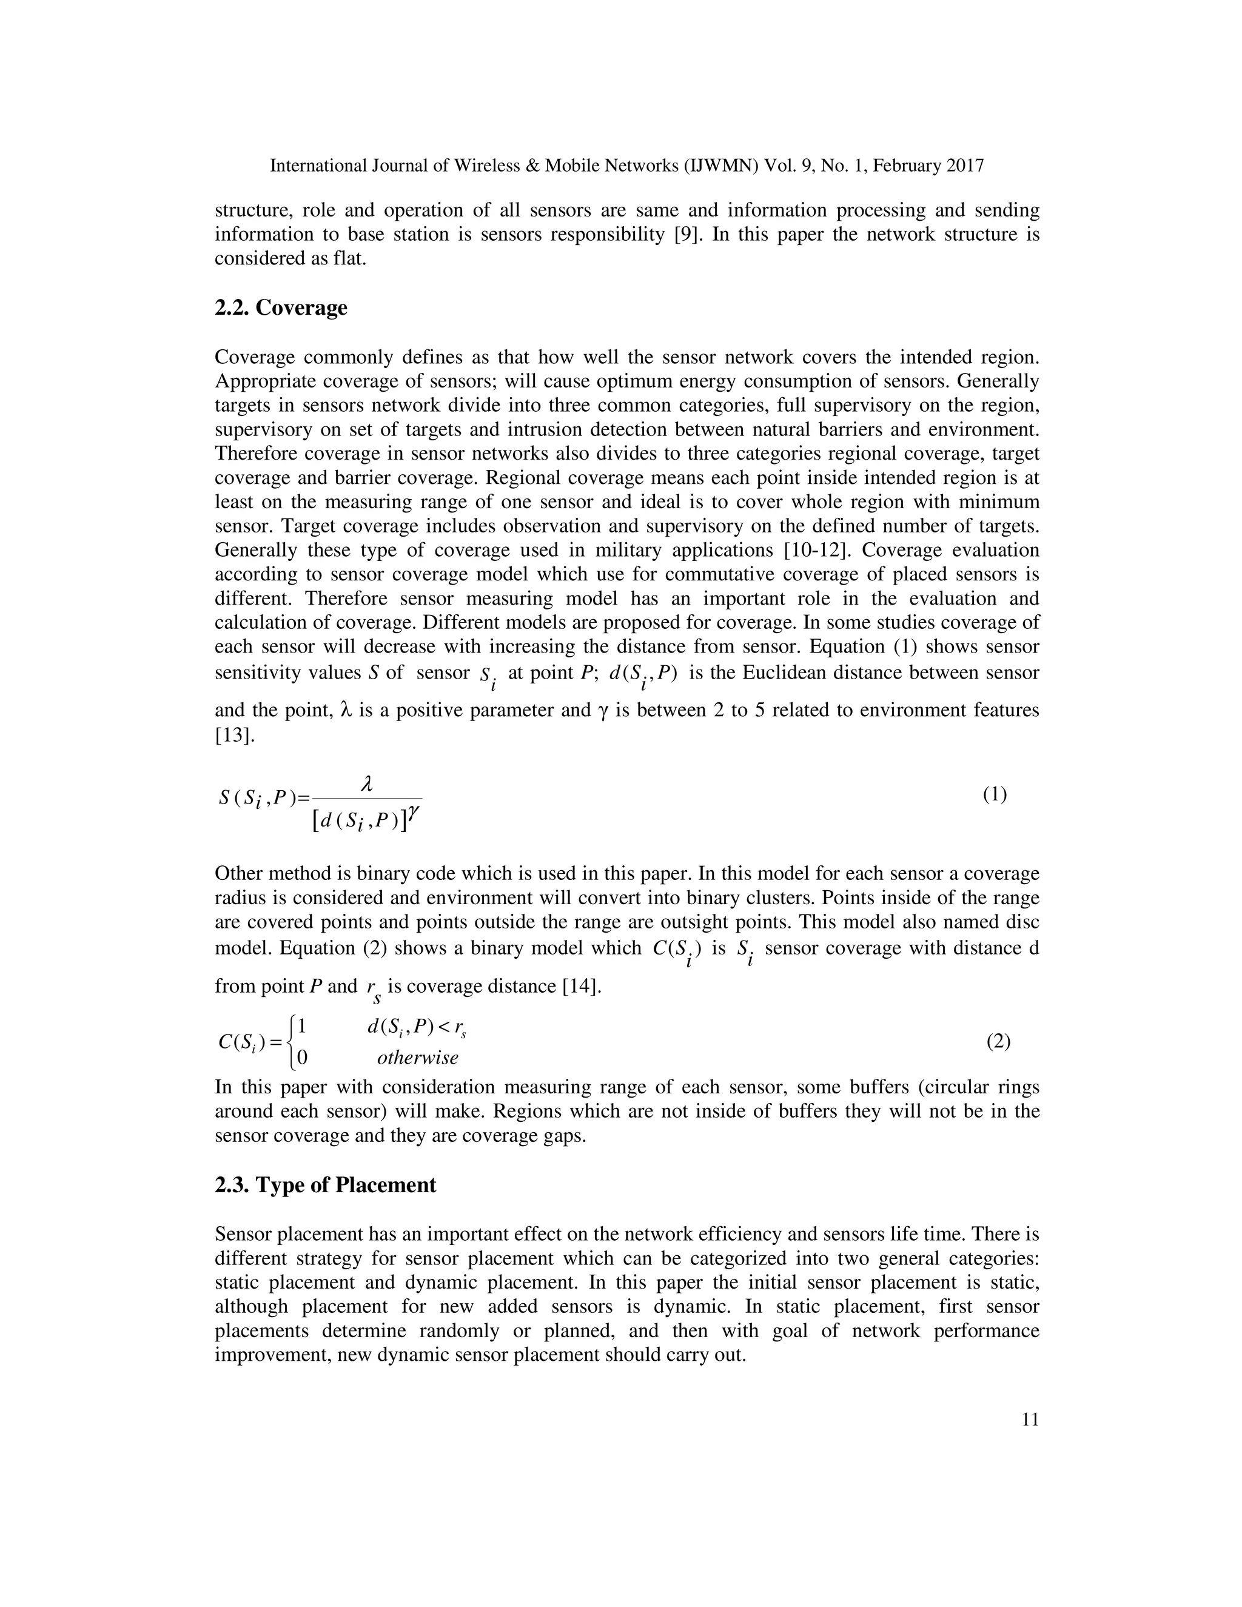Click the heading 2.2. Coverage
280,307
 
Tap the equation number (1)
995,794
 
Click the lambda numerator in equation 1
367,786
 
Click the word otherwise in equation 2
417,1058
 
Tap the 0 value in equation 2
303,1058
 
